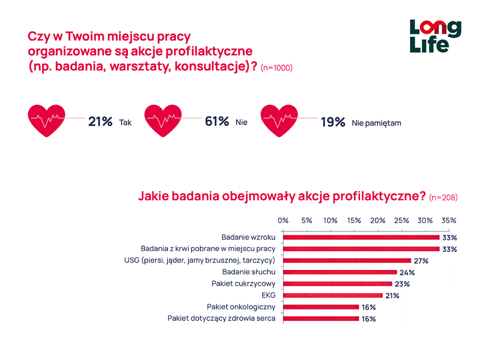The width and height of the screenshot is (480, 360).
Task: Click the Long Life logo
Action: [435, 36]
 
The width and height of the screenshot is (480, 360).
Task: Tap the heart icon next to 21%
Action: [46, 120]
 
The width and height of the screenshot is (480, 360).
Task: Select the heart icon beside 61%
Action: [163, 120]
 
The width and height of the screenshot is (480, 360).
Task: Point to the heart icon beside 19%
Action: [279, 120]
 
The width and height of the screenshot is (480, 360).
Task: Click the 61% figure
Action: [217, 121]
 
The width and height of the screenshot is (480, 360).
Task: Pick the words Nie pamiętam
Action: [376, 122]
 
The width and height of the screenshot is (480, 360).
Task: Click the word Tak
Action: [125, 122]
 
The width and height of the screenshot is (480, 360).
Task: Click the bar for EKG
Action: [332, 295]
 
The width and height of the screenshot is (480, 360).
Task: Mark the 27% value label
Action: [421, 260]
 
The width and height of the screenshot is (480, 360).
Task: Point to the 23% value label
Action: [402, 284]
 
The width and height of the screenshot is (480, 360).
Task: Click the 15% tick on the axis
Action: [354, 220]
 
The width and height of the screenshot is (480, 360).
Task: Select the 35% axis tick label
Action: [448, 220]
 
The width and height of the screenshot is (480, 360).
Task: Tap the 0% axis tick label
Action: [283, 220]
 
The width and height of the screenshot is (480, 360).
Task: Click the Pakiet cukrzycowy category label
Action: [243, 283]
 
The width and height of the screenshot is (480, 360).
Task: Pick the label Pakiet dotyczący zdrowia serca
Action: [221, 318]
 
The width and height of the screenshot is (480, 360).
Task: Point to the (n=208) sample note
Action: [443, 197]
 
